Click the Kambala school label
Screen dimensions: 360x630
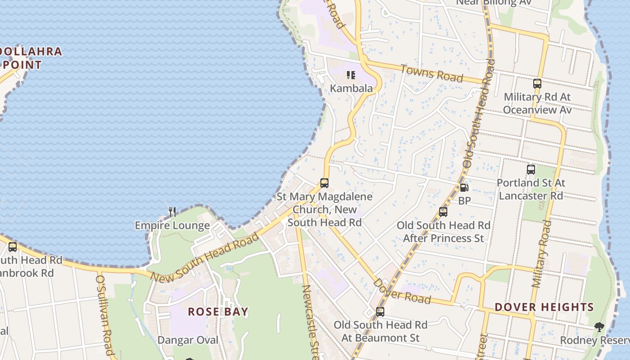[351, 88]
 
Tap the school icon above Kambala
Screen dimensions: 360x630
[351, 75]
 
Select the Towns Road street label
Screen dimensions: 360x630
[431, 73]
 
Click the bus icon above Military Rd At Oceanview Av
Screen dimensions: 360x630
[537, 84]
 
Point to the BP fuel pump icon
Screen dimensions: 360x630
[464, 188]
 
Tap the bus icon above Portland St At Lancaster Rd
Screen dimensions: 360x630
[531, 170]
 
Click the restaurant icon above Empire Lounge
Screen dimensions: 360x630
[172, 211]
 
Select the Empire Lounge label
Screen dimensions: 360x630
[172, 225]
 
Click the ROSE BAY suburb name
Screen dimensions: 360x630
[218, 311]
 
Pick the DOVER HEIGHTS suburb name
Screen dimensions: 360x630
[544, 307]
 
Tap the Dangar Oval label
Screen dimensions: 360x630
[188, 340]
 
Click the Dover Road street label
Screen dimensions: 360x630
[402, 291]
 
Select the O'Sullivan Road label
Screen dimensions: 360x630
[104, 315]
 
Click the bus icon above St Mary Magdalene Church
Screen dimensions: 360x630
[324, 183]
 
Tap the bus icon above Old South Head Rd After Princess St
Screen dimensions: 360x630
[443, 212]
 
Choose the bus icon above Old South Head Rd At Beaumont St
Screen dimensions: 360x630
[380, 312]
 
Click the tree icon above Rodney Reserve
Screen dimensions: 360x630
[598, 327]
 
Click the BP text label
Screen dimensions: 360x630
[464, 201]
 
